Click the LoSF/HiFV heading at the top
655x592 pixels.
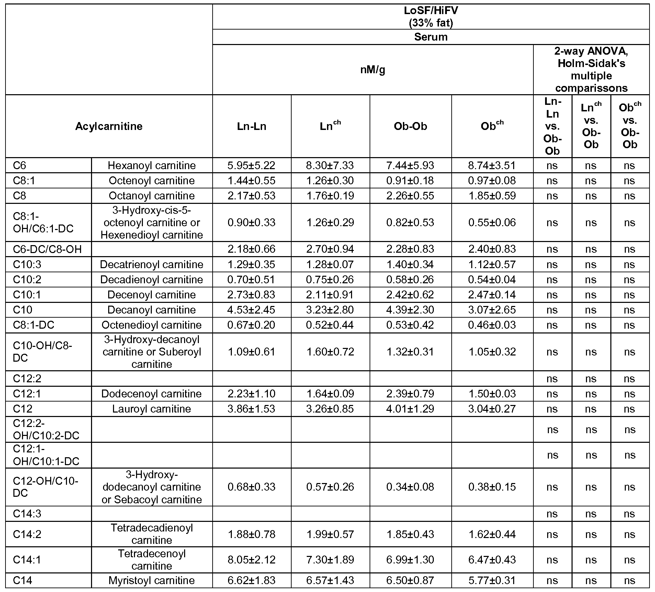point(431,17)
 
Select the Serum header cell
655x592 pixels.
point(431,37)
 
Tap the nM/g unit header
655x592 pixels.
point(373,70)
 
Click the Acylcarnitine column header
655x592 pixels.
point(109,126)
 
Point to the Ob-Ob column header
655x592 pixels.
point(410,126)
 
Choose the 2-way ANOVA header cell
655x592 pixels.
point(591,70)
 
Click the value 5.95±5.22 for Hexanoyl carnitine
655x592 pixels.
point(251,165)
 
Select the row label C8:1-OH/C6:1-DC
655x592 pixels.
point(43,222)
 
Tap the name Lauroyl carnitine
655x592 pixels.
point(151,409)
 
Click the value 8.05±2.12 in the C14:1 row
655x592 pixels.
point(251,560)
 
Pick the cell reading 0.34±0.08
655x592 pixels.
point(410,487)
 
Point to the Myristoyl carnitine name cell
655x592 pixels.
point(151,580)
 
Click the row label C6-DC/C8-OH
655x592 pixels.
point(47,249)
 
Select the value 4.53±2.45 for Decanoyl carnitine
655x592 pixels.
point(251,310)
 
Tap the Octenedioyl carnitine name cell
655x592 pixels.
point(151,325)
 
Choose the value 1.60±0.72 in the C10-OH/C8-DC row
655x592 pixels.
point(330,352)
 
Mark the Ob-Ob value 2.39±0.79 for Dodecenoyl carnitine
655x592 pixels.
point(410,394)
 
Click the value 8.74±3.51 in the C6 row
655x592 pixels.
point(492,165)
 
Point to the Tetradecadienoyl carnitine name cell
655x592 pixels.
point(151,534)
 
